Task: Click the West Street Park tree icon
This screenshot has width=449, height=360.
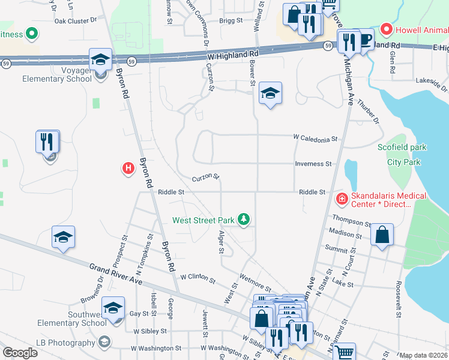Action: point(244,220)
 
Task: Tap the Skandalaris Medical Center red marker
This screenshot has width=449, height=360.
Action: point(342,199)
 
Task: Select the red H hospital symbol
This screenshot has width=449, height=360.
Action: point(127,169)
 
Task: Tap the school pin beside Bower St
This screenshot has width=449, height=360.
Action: point(270,94)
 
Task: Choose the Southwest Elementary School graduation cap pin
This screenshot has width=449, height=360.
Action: point(113,307)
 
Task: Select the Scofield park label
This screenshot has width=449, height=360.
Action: point(401,147)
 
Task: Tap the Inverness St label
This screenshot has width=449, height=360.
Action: point(313,164)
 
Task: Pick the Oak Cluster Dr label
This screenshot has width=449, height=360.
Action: point(75,20)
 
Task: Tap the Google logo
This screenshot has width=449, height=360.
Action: point(20,353)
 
